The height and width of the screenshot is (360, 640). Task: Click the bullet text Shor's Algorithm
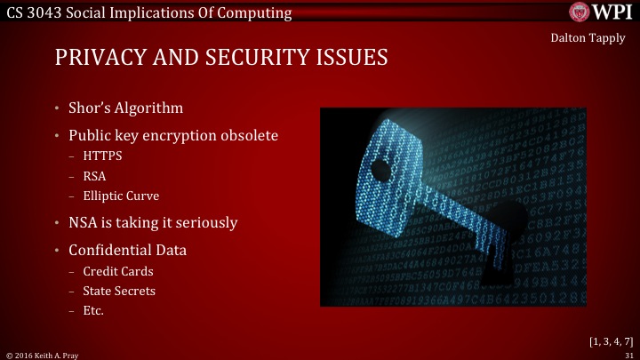[x=125, y=108]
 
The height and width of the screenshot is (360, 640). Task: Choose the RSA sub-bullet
[x=93, y=176]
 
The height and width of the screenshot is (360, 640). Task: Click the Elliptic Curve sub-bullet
[x=121, y=196]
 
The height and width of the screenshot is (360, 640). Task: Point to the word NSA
[x=84, y=222]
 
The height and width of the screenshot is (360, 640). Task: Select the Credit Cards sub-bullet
[x=112, y=271]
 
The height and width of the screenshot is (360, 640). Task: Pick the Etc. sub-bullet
[x=92, y=310]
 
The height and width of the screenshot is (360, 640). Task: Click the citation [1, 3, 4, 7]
[x=611, y=340]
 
